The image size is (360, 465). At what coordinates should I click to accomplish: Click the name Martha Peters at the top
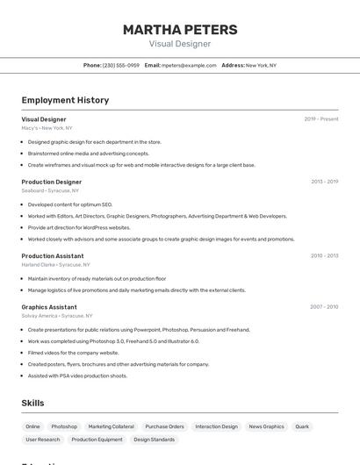[179, 29]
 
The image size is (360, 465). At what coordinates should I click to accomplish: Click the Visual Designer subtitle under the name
[179, 43]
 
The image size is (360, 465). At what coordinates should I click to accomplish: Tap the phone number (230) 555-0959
[121, 65]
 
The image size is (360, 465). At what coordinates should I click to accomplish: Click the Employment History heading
[65, 100]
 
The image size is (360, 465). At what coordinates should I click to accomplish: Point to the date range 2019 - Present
[321, 119]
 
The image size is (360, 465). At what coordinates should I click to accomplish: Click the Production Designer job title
[52, 182]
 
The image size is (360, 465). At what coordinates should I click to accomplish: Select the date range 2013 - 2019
[324, 182]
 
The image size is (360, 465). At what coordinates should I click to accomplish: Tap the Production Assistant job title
[53, 256]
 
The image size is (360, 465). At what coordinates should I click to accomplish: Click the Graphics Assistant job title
[49, 307]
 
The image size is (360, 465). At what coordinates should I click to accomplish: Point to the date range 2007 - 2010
[324, 307]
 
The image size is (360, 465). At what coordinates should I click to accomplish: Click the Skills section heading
[33, 403]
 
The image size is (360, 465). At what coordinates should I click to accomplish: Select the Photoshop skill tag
[64, 426]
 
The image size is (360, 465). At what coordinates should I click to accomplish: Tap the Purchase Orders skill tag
[164, 426]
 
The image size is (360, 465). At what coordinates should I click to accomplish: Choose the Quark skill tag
[302, 426]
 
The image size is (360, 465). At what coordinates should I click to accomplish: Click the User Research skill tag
[43, 440]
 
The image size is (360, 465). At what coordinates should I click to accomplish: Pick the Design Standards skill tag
[154, 440]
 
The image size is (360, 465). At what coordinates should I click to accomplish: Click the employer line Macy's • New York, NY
[47, 128]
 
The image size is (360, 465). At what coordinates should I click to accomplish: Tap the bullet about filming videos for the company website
[73, 353]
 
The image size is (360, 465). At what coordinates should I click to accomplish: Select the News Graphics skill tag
[266, 426]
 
